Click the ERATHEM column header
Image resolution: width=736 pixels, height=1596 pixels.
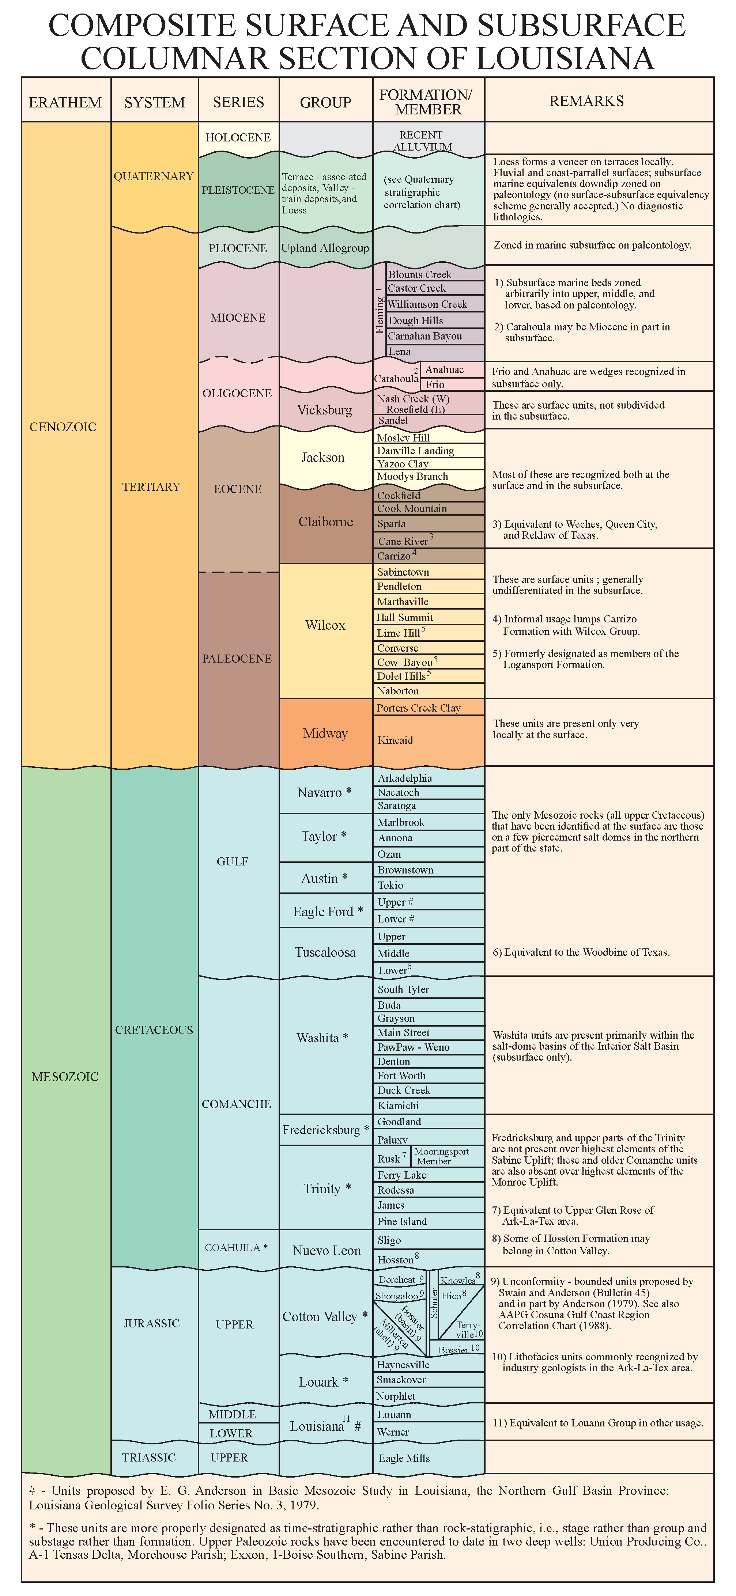(x=65, y=102)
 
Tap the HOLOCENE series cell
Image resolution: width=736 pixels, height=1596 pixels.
(x=238, y=137)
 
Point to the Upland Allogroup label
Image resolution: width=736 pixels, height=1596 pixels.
(x=325, y=248)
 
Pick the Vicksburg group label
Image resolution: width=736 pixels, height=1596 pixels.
(x=324, y=410)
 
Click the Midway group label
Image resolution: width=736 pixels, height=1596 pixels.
(x=325, y=733)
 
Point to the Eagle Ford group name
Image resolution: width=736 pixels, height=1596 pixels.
(x=323, y=911)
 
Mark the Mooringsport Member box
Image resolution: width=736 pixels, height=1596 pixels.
(x=442, y=1156)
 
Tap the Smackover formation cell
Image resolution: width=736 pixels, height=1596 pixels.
(x=401, y=1380)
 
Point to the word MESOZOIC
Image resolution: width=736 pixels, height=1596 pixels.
(x=65, y=1077)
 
